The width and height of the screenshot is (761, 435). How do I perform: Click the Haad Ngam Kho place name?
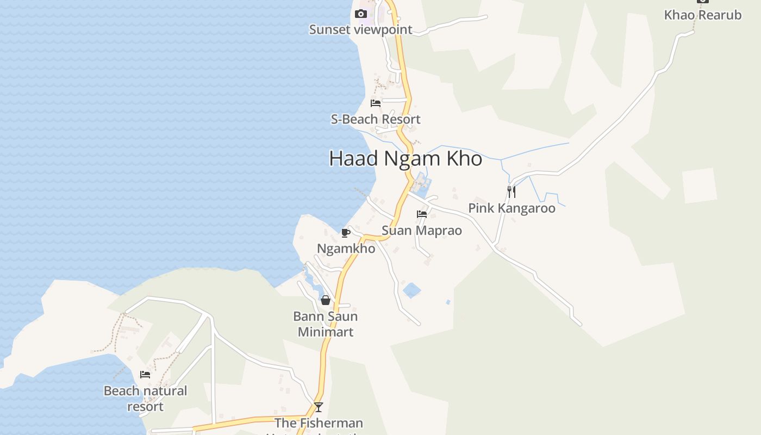406,158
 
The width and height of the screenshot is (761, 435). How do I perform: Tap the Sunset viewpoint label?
360,29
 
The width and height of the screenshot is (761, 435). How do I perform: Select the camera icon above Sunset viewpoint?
360,14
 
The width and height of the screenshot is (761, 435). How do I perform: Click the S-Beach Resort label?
376,119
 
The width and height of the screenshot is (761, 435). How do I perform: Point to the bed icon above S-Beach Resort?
376,103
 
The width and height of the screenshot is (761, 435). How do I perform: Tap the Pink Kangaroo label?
512,208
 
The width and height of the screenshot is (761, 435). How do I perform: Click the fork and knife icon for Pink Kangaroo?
511,192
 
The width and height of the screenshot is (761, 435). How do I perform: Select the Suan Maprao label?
422,231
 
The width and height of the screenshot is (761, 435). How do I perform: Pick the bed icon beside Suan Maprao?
422,214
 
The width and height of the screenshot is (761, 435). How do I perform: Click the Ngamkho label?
346,248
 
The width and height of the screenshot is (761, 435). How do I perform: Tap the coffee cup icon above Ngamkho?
345,233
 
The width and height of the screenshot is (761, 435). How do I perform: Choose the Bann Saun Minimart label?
325,324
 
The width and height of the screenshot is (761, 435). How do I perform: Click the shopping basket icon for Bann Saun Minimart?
325,300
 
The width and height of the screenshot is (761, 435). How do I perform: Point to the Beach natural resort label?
145,399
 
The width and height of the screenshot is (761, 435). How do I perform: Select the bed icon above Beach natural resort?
145,375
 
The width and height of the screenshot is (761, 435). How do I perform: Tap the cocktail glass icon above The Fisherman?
319,407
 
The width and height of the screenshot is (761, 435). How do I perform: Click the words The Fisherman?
319,423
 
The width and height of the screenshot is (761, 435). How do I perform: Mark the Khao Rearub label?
702,15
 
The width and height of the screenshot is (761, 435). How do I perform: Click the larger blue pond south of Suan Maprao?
412,290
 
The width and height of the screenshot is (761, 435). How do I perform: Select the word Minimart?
326,332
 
